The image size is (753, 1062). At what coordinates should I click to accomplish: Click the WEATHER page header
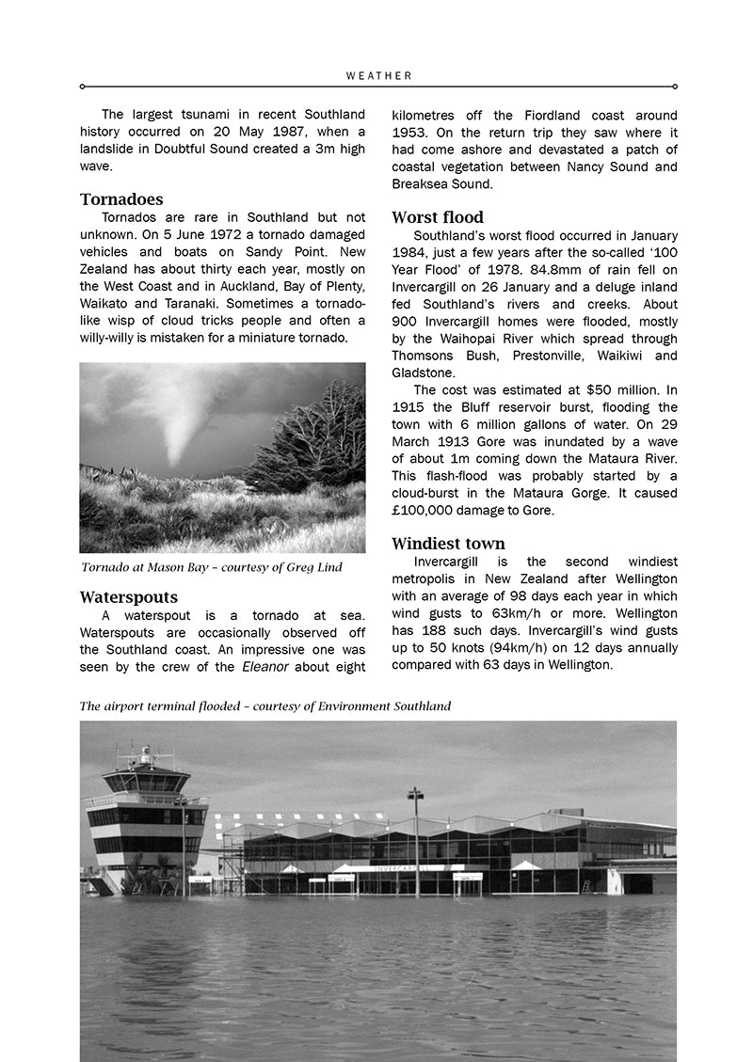pos(378,75)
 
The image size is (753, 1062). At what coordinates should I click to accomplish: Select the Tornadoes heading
pos(121,199)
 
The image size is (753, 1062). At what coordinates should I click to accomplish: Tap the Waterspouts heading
pos(128,597)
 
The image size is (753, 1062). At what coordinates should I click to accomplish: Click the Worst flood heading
pos(438,217)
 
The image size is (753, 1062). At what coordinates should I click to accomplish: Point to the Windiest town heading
pos(448,544)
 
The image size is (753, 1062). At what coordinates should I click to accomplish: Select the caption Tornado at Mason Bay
pos(211,567)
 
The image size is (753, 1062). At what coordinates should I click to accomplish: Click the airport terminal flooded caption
pos(264,706)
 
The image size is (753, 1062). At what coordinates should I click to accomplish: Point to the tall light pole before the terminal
pos(415,842)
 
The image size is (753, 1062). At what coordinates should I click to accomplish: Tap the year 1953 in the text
pos(411,133)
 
